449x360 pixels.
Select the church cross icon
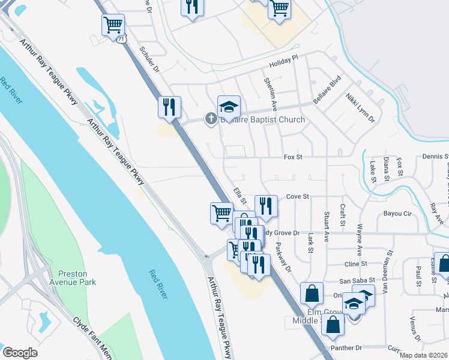[x=211, y=119]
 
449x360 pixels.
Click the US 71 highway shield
[x=122, y=39]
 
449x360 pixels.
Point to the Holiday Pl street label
[x=283, y=61]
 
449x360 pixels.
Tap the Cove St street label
[x=297, y=196]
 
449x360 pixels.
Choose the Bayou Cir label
[x=399, y=214]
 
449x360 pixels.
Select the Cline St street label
[x=355, y=264]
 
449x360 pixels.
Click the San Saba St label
[x=357, y=280]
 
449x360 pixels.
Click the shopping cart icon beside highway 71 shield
[x=113, y=25]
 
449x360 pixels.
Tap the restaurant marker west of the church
[x=169, y=107]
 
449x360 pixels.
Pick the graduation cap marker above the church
[x=229, y=107]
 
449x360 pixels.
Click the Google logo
[x=20, y=353]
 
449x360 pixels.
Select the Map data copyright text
[x=424, y=355]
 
